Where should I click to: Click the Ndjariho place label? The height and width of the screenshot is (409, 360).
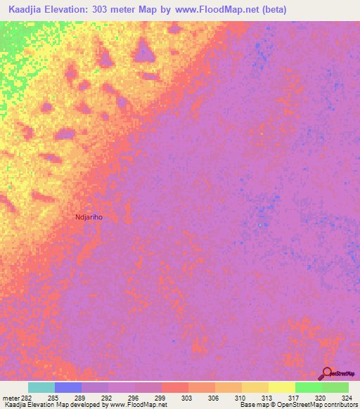click(x=89, y=217)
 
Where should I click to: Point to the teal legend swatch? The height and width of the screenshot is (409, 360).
click(x=41, y=387)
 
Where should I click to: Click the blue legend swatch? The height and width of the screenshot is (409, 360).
click(x=68, y=387)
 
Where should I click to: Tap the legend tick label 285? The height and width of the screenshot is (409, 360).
click(x=53, y=397)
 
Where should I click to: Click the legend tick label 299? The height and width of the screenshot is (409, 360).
click(x=161, y=397)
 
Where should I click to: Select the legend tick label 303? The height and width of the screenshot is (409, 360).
click(x=188, y=397)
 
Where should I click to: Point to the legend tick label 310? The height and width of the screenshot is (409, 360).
click(x=241, y=397)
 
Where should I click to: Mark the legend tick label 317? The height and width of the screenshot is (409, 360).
click(x=295, y=397)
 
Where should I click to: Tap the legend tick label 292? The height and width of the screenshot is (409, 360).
click(x=108, y=397)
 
